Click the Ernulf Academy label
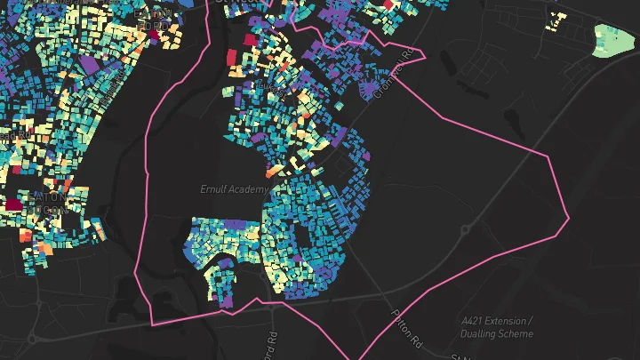pyautogui.click(x=234, y=189)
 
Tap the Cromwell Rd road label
pyautogui.click(x=393, y=72)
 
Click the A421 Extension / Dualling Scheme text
pyautogui.click(x=498, y=326)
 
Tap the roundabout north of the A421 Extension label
pyautogui.click(x=465, y=230)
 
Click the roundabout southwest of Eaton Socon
pyautogui.click(x=33, y=338)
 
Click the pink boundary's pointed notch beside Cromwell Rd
pyautogui.click(x=426, y=58)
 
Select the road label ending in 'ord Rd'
pyautogui.click(x=272, y=341)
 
